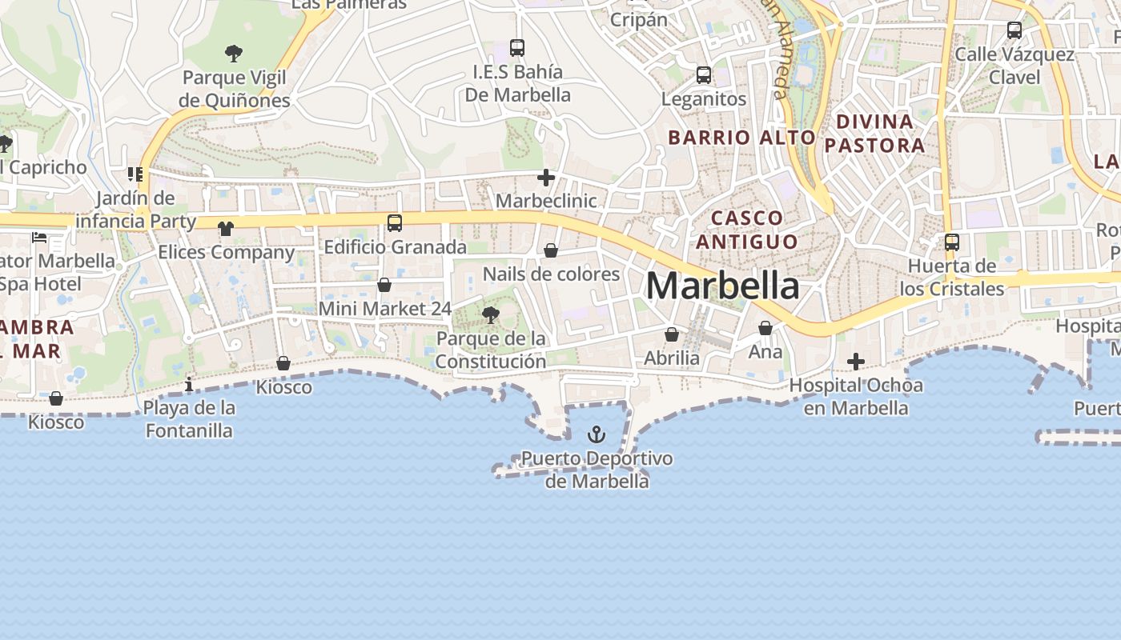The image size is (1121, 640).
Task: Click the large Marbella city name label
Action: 722,286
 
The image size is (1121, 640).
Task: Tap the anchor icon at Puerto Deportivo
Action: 596,434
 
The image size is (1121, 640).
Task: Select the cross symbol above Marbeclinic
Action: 546,178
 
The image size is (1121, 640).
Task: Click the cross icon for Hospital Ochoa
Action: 856,362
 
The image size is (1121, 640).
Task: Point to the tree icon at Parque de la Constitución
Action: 490,315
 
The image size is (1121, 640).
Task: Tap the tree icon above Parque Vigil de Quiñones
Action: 234,54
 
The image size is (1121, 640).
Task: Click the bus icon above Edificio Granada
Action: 395,223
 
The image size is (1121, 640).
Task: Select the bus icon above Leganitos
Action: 704,75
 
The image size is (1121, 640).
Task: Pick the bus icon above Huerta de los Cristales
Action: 952,242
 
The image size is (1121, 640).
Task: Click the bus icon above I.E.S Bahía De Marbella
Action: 517,48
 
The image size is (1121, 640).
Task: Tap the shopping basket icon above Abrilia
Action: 672,334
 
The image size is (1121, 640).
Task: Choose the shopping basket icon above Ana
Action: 765,328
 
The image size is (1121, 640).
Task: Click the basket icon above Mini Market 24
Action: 384,285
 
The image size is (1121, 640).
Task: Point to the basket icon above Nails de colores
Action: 551,250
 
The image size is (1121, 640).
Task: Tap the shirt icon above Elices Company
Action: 226,229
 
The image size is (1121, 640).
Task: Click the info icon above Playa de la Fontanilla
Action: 189,384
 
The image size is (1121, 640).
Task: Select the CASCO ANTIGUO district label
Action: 746,230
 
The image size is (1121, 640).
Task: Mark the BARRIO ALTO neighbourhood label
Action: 741,137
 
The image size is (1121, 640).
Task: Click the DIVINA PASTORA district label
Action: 874,134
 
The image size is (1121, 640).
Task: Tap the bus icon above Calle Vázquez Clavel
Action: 1015,30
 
